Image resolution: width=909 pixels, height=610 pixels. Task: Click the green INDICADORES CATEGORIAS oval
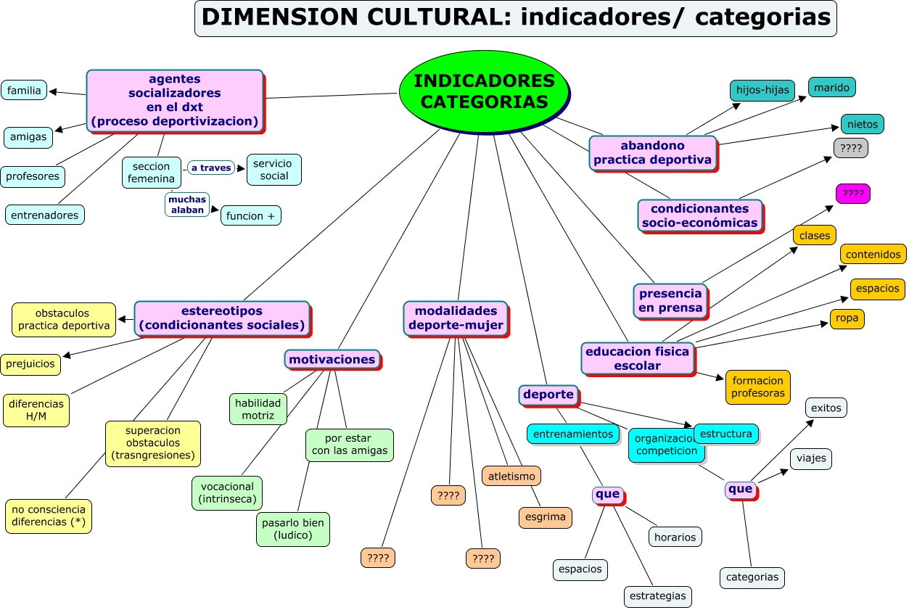coord(484,91)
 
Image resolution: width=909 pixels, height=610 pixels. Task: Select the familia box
coord(24,90)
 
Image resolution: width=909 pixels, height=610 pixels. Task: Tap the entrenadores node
coord(45,215)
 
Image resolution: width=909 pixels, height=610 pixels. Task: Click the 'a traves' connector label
coord(211,168)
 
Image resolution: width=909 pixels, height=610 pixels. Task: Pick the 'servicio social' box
coord(274,170)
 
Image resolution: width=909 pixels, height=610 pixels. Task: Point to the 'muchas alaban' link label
coord(187,205)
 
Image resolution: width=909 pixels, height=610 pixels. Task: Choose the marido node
coord(831,87)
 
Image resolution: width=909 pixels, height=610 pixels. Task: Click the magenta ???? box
coord(852,194)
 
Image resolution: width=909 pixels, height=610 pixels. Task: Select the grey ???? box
coord(850,148)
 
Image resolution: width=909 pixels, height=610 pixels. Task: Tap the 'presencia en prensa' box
coord(670,300)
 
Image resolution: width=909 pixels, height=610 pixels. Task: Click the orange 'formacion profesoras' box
coord(757,387)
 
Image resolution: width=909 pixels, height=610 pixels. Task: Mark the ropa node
coord(847,318)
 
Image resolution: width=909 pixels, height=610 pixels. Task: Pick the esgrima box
coord(546,517)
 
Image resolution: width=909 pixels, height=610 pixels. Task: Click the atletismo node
coord(511,476)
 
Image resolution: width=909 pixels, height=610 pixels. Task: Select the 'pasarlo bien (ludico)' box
coord(293,529)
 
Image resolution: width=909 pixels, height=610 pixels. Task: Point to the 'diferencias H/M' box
coord(36,411)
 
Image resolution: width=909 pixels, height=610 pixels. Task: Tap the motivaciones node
coord(332,359)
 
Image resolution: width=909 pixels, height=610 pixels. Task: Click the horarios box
coord(675,537)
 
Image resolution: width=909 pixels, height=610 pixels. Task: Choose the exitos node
coord(826,408)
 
